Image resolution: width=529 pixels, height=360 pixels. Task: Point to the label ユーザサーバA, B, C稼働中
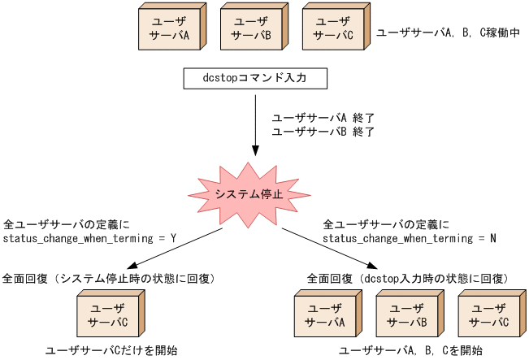point(447,33)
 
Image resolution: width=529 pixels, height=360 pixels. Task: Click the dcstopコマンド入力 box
point(254,78)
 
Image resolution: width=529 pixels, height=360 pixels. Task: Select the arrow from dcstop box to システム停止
point(255,122)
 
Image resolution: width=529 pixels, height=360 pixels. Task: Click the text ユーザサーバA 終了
point(322,117)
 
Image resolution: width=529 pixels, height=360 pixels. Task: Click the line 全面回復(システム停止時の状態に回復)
point(109,279)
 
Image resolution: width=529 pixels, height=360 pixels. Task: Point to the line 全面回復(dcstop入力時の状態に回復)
point(407,279)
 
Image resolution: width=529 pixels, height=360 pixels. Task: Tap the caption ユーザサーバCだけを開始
point(111,350)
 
